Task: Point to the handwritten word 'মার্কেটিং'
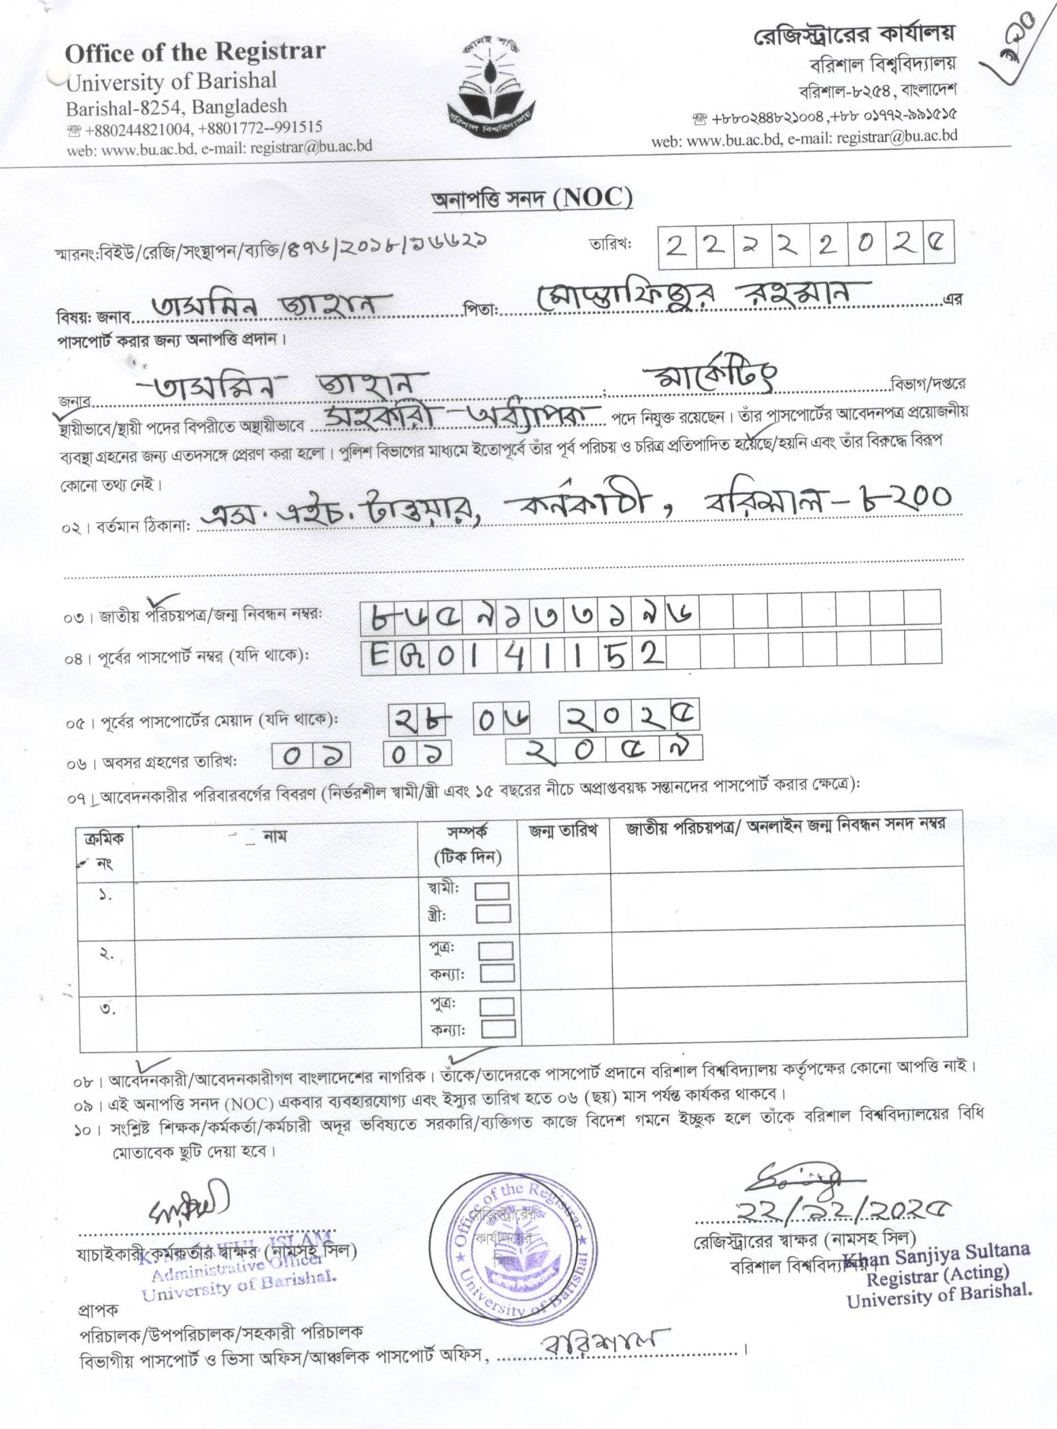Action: (x=707, y=376)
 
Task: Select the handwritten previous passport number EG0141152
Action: (x=514, y=656)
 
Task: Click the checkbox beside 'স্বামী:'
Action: (x=493, y=890)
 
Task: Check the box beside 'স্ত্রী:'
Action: (x=493, y=913)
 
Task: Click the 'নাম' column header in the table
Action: (x=275, y=835)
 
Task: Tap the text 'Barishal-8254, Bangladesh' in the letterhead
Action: (x=176, y=107)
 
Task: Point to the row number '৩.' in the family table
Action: (x=107, y=1009)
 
